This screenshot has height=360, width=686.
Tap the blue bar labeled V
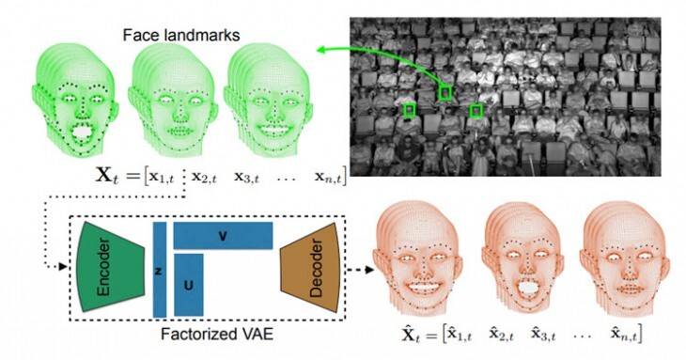(x=222, y=235)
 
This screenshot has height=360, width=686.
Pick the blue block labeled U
(x=188, y=281)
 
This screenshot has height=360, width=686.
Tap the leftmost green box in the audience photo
(x=409, y=111)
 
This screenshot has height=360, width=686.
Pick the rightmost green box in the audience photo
(x=476, y=111)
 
